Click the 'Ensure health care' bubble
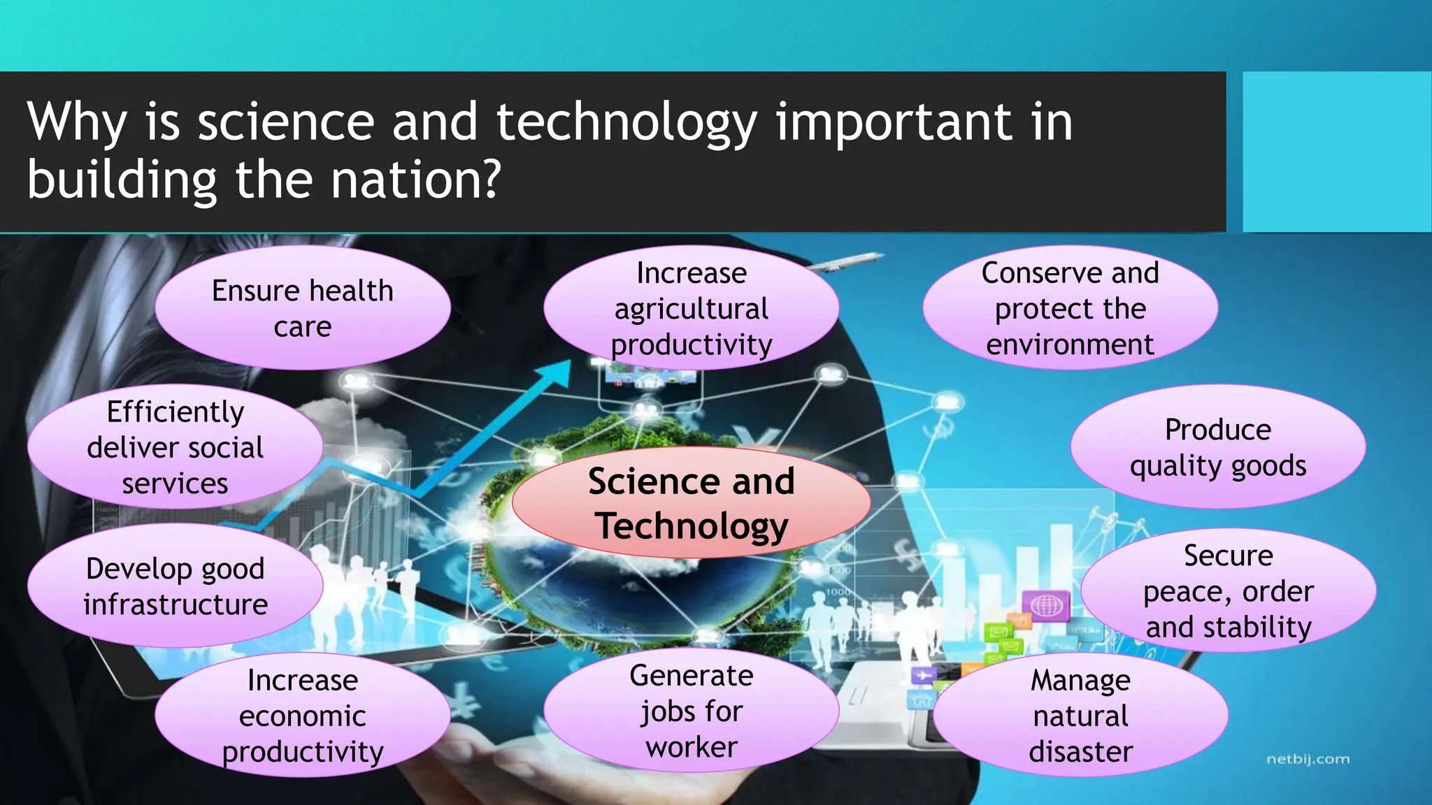point(302,308)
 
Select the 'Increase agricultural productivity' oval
point(691,308)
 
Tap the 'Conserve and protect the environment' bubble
point(1070,308)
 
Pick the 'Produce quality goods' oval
point(1217,447)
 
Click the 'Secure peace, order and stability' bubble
point(1228,591)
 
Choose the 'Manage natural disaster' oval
point(1080,716)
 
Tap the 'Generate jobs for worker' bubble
point(691,711)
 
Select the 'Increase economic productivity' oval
point(302,716)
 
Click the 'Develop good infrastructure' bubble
point(175,586)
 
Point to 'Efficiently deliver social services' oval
point(175,447)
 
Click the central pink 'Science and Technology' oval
point(691,503)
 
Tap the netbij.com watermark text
point(1308,759)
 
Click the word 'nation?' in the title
point(415,180)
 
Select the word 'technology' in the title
point(626,123)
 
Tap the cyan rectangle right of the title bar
point(1336,152)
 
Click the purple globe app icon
point(1046,605)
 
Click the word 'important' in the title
point(893,123)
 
